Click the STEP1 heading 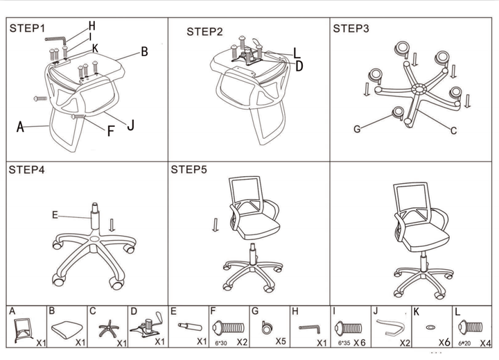point(27,28)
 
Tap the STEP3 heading point(351,28)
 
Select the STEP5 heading point(189,169)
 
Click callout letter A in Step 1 point(20,127)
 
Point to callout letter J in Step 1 point(130,125)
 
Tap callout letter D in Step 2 point(299,67)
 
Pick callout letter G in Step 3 point(357,129)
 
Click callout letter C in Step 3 point(453,130)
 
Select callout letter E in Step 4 point(55,215)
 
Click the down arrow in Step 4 point(112,225)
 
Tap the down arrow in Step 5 point(216,225)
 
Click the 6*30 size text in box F point(221,343)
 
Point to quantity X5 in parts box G point(281,341)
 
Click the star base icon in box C point(109,329)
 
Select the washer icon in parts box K point(430,327)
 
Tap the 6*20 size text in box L point(464,343)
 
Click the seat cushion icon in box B point(67,329)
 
